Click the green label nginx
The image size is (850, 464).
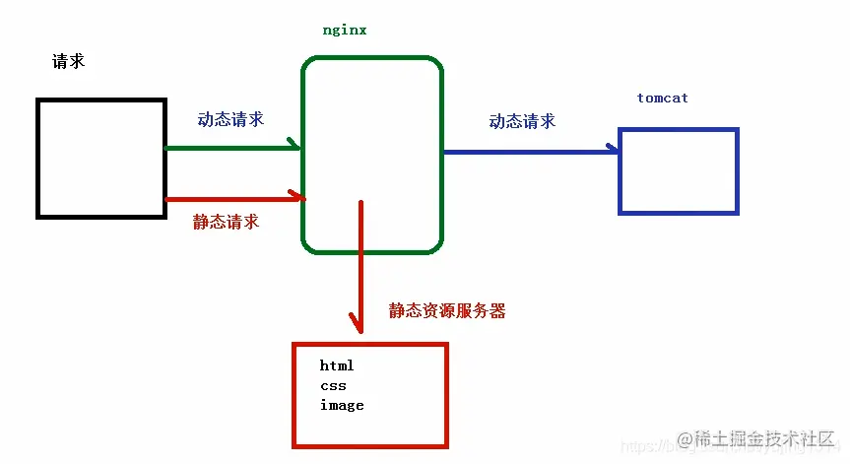point(345,30)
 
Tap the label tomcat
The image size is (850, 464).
point(662,99)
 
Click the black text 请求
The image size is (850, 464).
point(68,61)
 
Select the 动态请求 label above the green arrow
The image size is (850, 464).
point(230,119)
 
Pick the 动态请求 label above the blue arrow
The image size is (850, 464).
point(522,121)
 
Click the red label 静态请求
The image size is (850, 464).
point(226,222)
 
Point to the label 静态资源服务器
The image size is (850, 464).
point(447,310)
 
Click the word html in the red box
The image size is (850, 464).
point(337,365)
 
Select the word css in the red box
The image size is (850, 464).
point(333,385)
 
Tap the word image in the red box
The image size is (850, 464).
point(342,405)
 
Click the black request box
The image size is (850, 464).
point(100,158)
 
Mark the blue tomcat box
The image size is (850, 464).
point(678,170)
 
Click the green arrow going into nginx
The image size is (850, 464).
point(230,148)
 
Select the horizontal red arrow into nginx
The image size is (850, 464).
point(232,199)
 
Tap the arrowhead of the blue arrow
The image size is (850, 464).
point(613,151)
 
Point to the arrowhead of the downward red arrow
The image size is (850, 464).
point(360,324)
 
